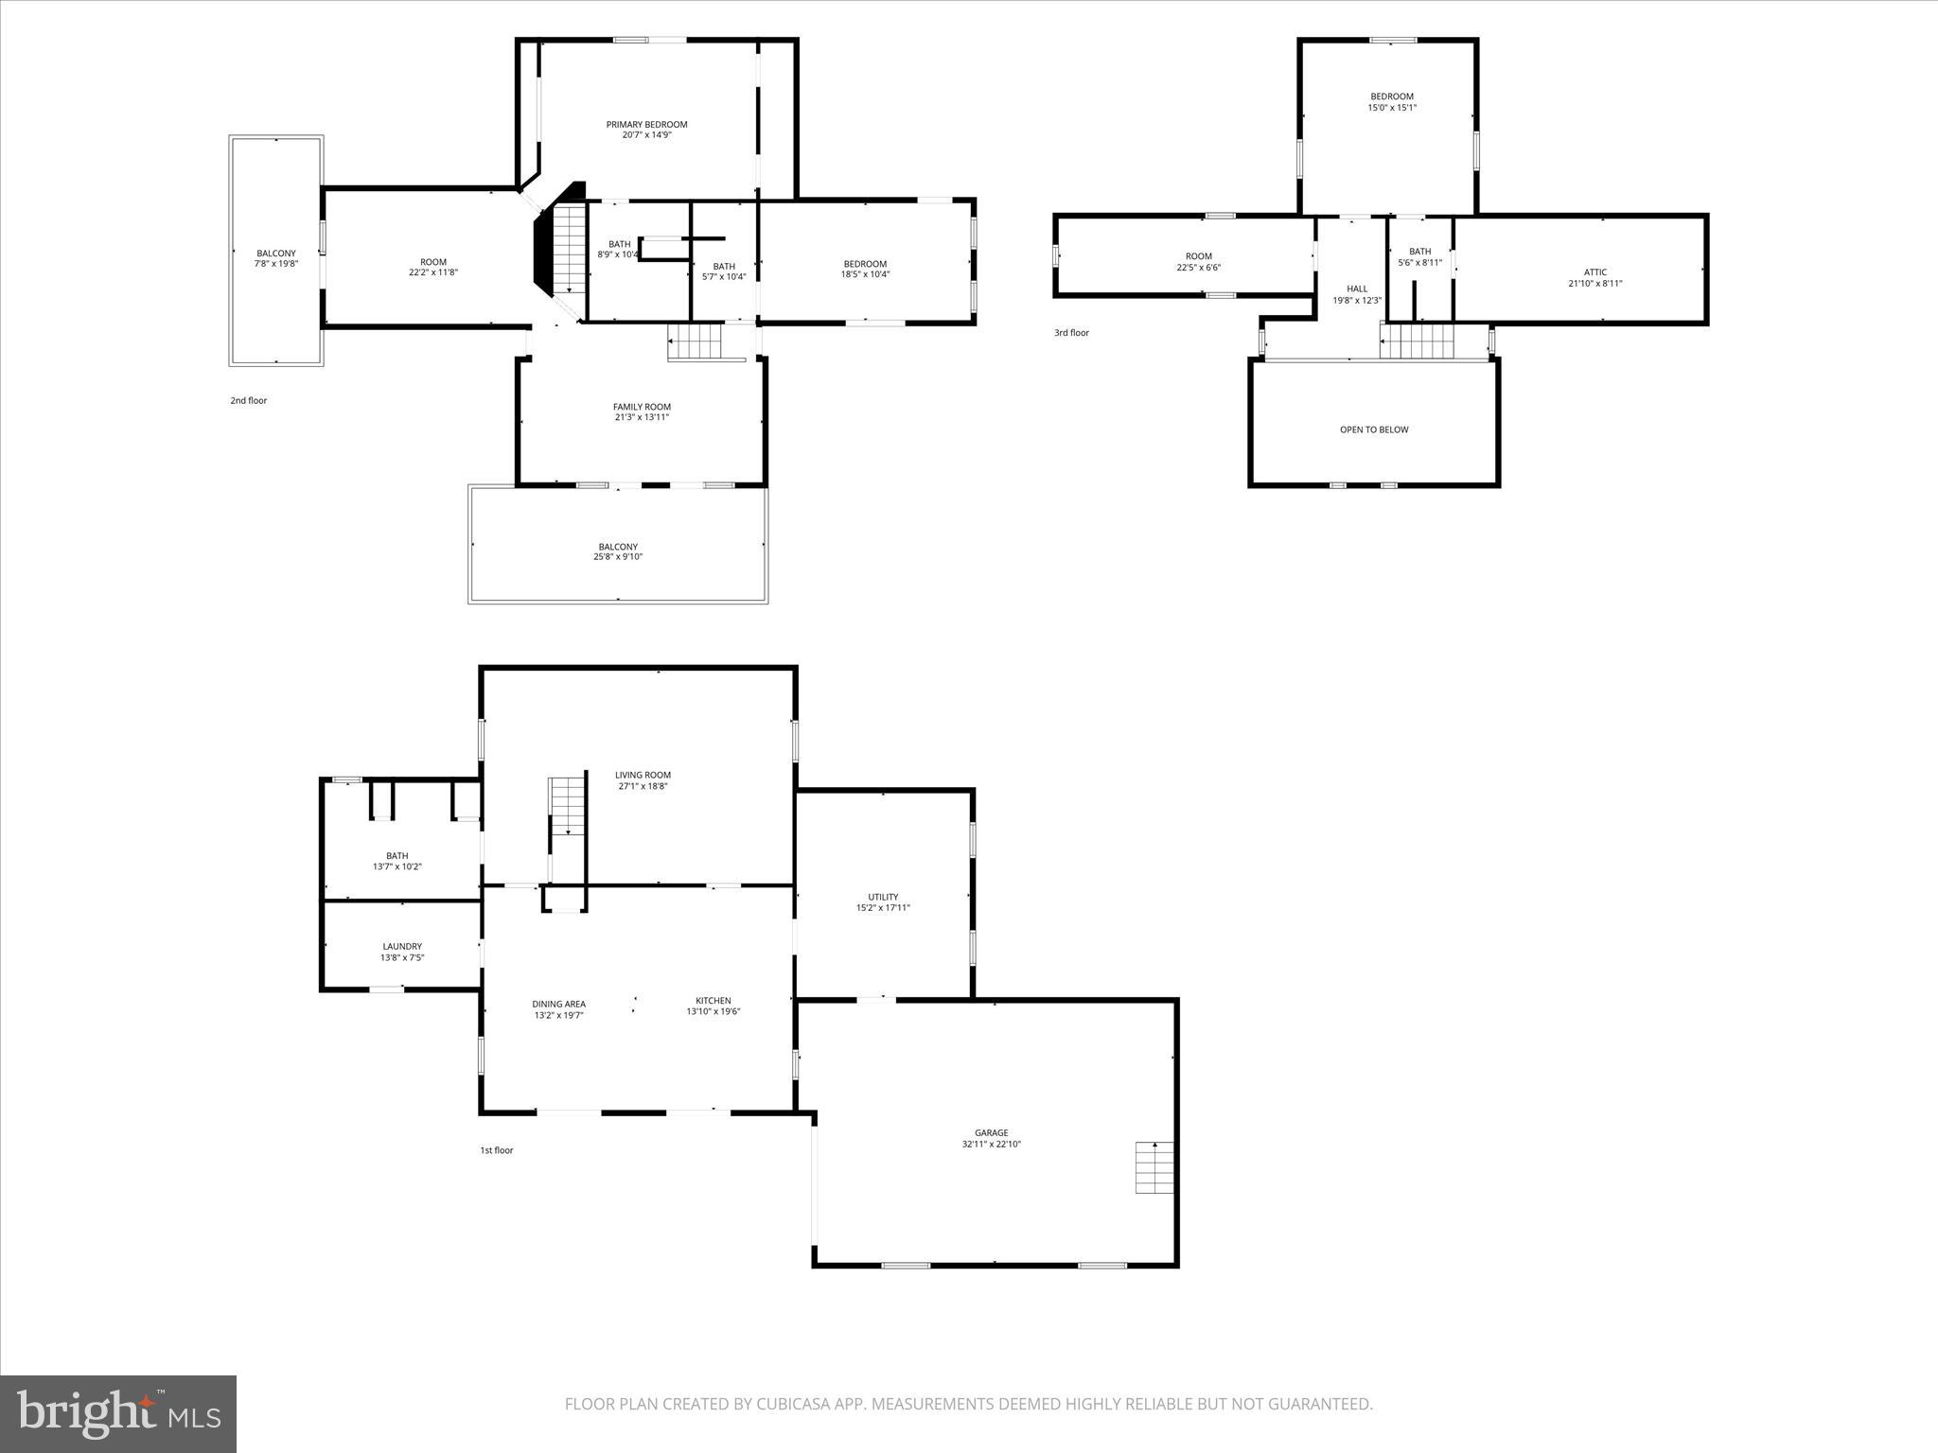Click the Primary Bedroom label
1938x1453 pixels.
click(x=646, y=124)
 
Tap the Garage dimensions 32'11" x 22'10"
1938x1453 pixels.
click(x=991, y=1144)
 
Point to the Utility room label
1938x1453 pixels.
click(x=883, y=897)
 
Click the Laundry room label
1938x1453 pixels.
click(x=402, y=946)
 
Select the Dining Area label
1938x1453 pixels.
click(x=558, y=1004)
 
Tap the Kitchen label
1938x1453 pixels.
click(x=713, y=1001)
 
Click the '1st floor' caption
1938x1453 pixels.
click(x=496, y=1150)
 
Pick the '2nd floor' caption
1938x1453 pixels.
click(x=248, y=400)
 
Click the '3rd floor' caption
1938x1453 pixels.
click(x=1071, y=333)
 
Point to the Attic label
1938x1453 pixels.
click(x=1594, y=272)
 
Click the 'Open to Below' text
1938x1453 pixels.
click(x=1373, y=429)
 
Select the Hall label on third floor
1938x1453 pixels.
click(x=1356, y=289)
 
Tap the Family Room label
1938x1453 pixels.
click(x=642, y=407)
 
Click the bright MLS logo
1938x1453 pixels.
click(x=118, y=1413)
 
